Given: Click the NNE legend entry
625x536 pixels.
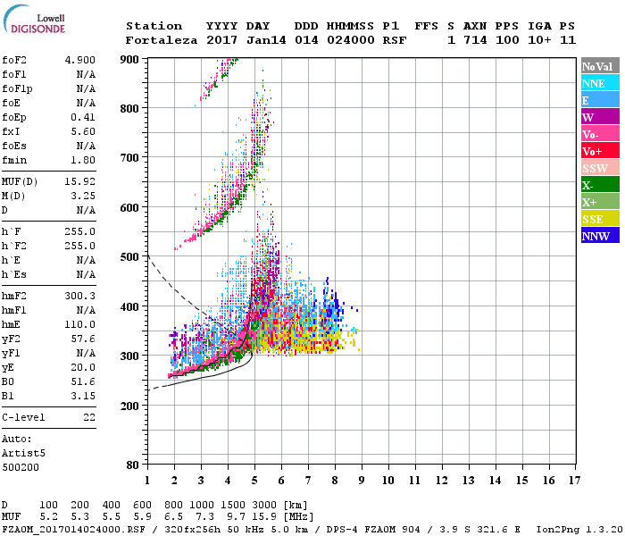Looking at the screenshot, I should (x=599, y=83).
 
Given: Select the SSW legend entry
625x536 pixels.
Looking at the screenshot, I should (x=599, y=168).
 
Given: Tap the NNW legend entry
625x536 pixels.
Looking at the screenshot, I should (x=599, y=236).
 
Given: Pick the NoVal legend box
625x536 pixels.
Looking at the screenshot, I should (x=599, y=66).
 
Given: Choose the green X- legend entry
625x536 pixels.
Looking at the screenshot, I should (x=599, y=185).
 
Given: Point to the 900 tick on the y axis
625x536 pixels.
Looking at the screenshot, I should (x=130, y=59).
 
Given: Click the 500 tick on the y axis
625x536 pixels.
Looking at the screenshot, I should (x=130, y=257).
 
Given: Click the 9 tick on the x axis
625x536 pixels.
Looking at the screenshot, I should (x=362, y=480).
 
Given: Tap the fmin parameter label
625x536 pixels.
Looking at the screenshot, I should (x=14, y=160).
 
